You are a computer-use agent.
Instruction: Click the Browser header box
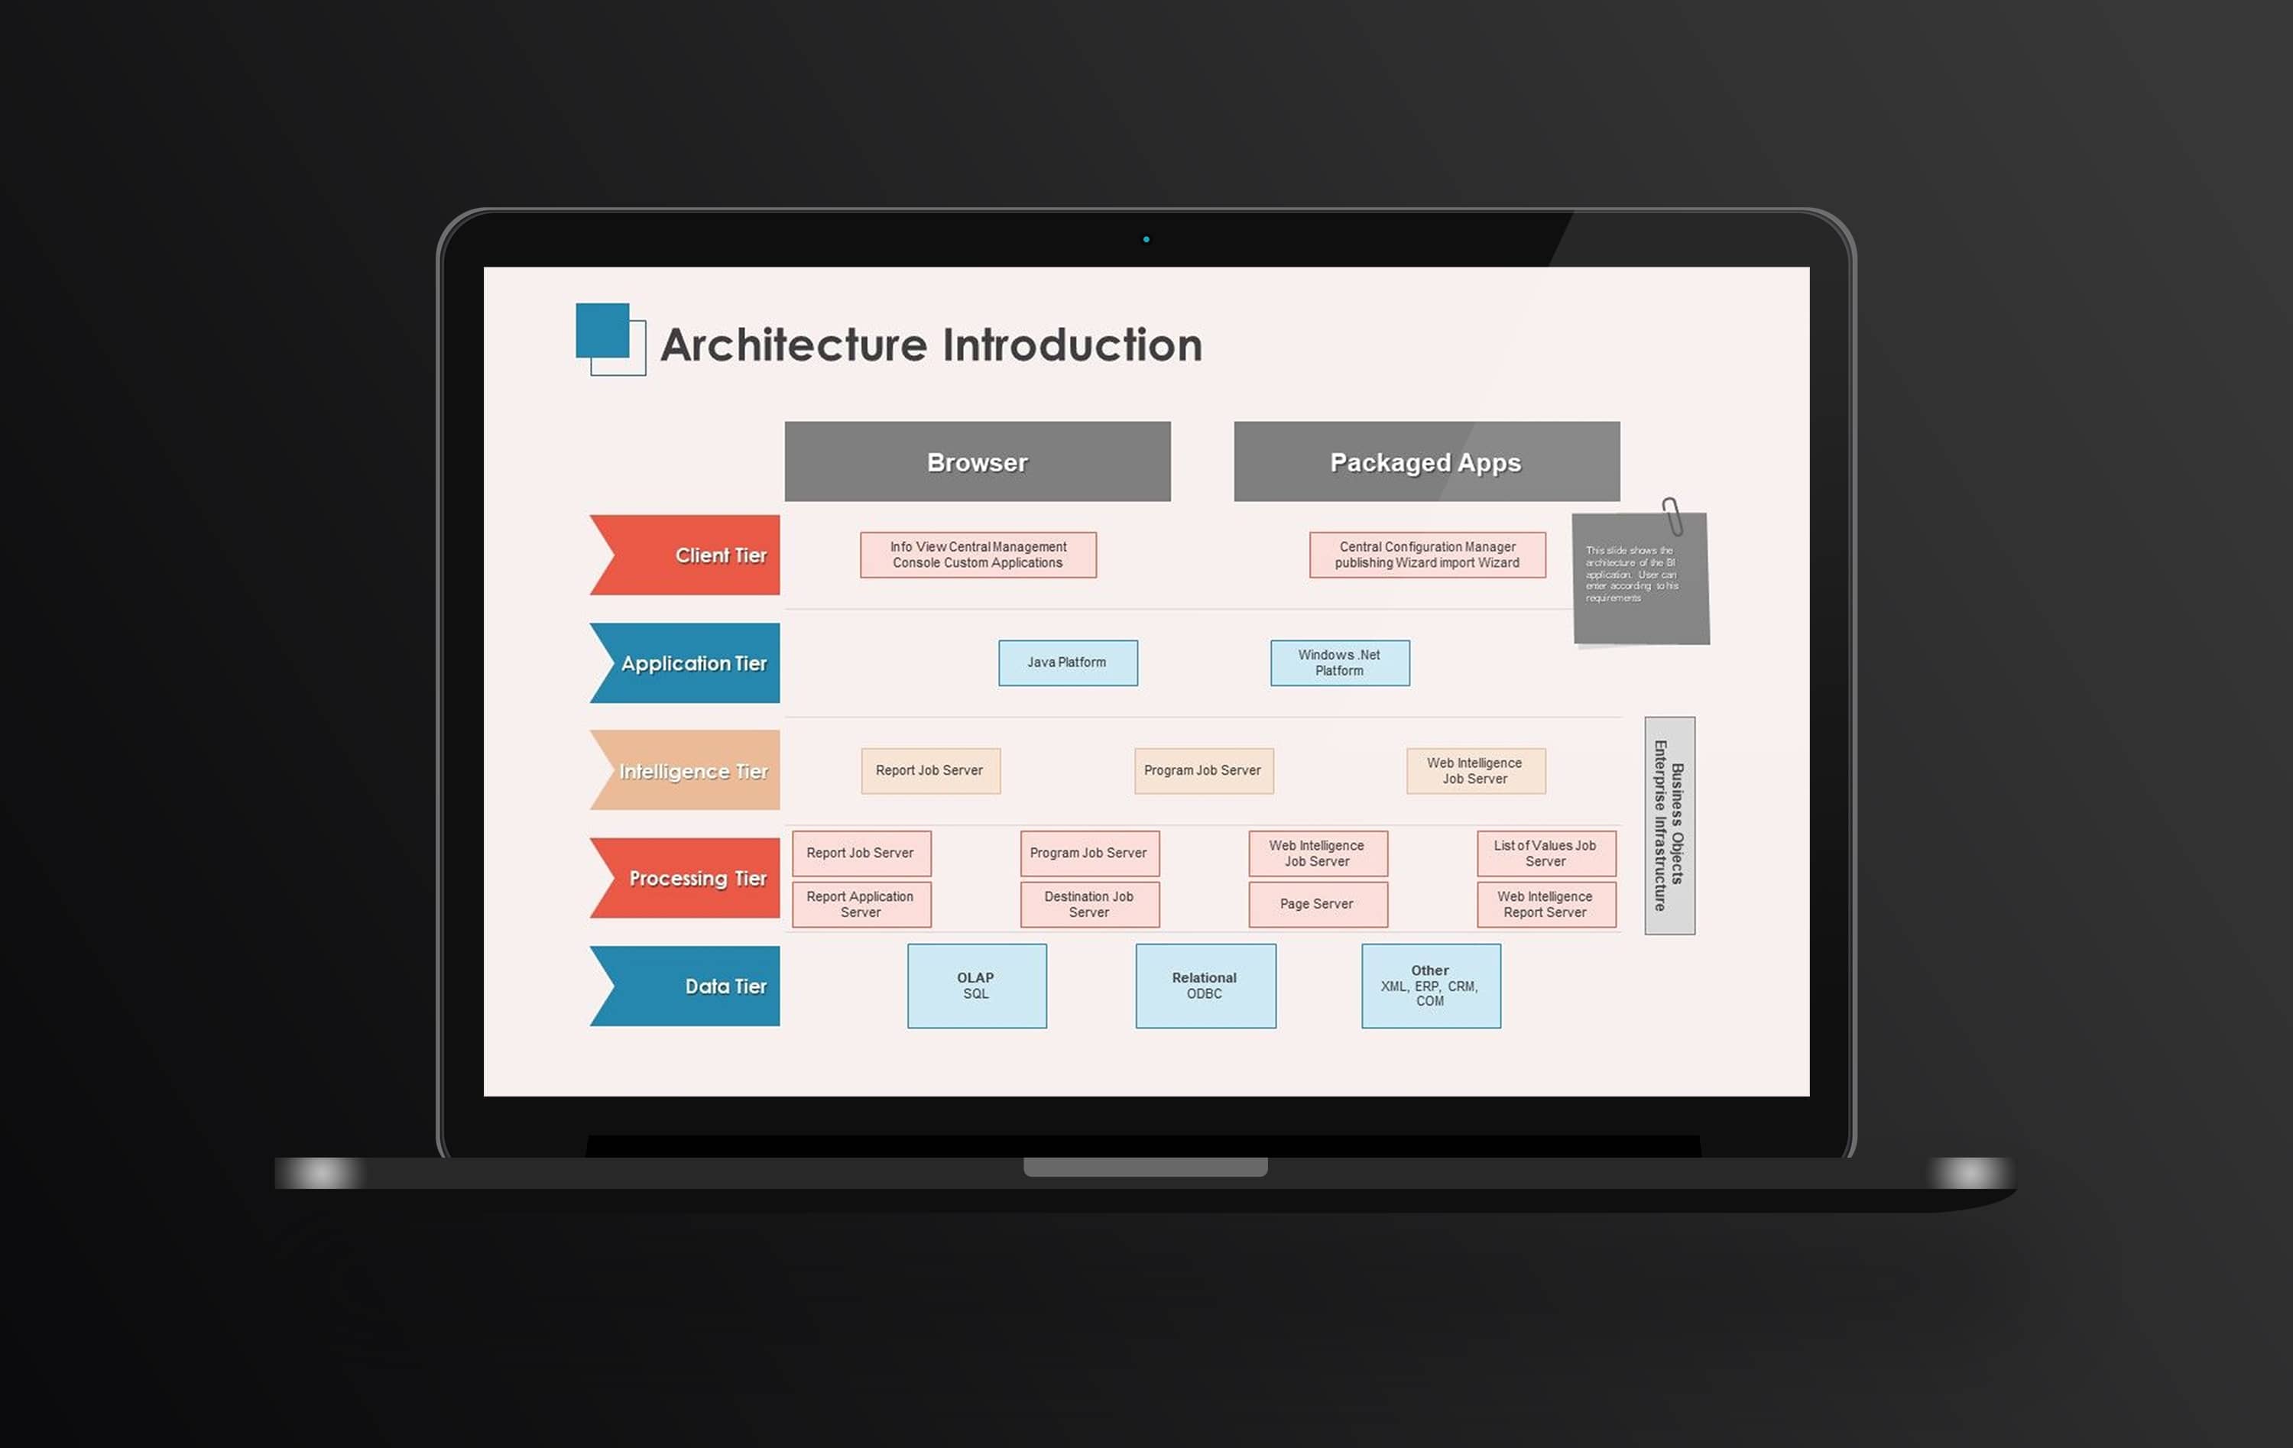click(977, 462)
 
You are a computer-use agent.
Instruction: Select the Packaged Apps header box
click(1425, 462)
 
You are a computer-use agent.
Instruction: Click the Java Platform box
click(1068, 662)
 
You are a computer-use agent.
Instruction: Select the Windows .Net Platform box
click(1339, 662)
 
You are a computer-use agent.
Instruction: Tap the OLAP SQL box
click(976, 985)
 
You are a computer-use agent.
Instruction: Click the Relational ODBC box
click(1205, 985)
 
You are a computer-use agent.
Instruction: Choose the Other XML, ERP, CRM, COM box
click(1430, 985)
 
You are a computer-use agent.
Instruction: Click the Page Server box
click(1317, 903)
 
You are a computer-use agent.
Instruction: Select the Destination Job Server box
click(1089, 903)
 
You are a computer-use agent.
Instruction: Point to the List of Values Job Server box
click(1545, 853)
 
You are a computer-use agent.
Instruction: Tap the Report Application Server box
click(861, 903)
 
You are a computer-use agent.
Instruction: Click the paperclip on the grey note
click(1672, 516)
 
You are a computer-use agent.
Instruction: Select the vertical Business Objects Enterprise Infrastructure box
click(1669, 825)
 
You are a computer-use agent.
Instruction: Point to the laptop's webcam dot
click(1146, 240)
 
